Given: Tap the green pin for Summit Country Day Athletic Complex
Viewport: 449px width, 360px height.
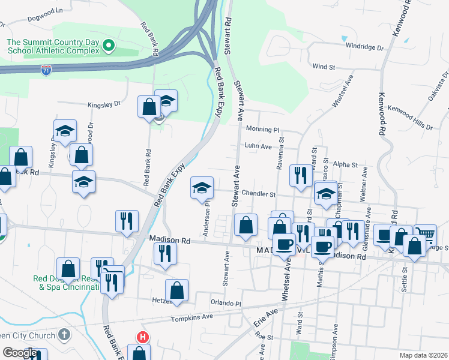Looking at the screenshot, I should coord(108,45).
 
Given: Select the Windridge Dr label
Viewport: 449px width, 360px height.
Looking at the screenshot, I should coord(365,47).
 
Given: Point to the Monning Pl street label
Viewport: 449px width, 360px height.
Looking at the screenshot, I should coord(263,129).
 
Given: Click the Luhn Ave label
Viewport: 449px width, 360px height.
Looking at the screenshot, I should coord(259,146).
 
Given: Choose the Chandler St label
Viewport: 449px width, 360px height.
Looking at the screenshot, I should coord(259,194).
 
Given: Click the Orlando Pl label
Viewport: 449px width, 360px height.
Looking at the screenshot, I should coord(225,303).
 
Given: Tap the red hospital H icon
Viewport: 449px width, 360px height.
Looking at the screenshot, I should coord(143,338).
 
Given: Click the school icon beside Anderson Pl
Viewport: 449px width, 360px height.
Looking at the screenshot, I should coord(202,188).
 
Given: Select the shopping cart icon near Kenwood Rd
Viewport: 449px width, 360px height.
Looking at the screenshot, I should coord(425,234).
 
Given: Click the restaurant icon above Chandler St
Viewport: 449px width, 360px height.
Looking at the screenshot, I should coord(300,175).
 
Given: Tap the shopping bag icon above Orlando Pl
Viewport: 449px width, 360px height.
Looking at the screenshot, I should coord(177,290).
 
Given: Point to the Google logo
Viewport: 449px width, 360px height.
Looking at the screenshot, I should coord(20,353).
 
